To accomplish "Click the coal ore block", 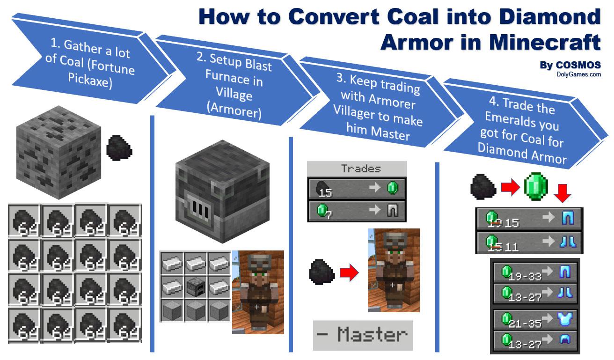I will pyautogui.click(x=58, y=152).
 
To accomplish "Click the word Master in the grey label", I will pyautogui.click(x=372, y=335).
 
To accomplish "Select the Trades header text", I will pyautogui.click(x=361, y=169).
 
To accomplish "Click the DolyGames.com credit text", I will pyautogui.click(x=578, y=74).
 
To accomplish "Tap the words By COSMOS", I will pyautogui.click(x=570, y=65).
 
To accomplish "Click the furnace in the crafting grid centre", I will pyautogui.click(x=195, y=286).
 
